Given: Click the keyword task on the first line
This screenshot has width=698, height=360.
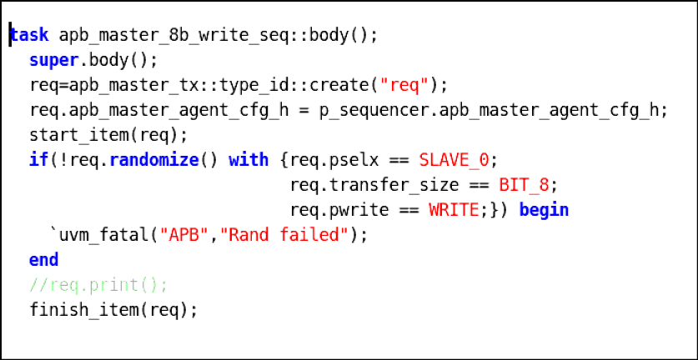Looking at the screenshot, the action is [x=29, y=35].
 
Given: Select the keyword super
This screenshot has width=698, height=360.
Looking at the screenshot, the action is [x=54, y=61].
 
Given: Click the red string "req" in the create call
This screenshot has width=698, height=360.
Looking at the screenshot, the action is [x=404, y=85].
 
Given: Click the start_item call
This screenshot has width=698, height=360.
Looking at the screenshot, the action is [x=109, y=135].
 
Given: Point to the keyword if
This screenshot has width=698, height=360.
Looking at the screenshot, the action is [x=39, y=159].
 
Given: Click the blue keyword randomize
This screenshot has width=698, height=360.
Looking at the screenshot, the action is [x=154, y=159].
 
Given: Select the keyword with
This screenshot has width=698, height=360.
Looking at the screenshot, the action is [x=249, y=159].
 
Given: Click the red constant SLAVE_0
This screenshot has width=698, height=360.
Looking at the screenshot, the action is [x=454, y=160].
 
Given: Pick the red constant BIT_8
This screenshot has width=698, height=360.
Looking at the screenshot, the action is [x=524, y=185].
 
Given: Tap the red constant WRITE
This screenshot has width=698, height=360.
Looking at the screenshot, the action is [x=454, y=210].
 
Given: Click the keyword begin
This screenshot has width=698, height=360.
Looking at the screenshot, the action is [x=544, y=210].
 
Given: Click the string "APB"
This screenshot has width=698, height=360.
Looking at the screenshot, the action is [x=183, y=234].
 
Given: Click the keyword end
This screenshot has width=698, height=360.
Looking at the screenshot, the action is [x=44, y=259].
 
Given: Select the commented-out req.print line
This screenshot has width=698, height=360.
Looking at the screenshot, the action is [x=99, y=285].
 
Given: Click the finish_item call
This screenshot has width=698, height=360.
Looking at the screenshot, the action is [x=113, y=310].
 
